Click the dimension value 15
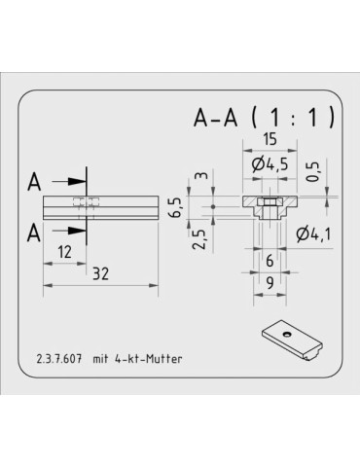coord(267,141)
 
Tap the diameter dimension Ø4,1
coord(313,233)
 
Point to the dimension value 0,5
coord(314,172)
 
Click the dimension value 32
coord(101,274)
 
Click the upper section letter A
coord(35,182)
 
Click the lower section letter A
coord(35,232)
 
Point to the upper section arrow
coord(68,182)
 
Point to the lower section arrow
coord(68,231)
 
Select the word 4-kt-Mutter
coord(150,359)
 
